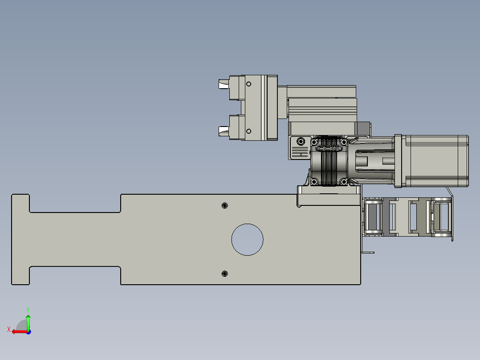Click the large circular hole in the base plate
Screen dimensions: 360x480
coord(247,239)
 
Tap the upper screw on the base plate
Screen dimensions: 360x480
coord(224,205)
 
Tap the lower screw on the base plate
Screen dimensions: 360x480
coord(224,274)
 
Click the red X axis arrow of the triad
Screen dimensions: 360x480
coord(16,331)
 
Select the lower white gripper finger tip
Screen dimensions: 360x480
coord(223,130)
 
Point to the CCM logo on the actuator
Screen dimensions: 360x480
coord(329,148)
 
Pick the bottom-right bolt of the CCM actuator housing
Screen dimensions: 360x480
coord(343,181)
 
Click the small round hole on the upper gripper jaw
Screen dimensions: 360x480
coord(249,84)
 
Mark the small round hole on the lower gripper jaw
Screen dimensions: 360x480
coord(248,131)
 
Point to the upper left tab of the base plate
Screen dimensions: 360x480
coord(20,203)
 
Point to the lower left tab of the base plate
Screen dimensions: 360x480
coord(20,275)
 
